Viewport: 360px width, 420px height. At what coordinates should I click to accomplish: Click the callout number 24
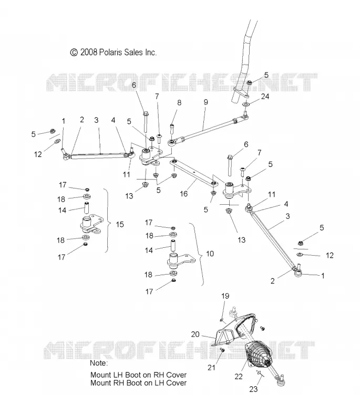click(265, 97)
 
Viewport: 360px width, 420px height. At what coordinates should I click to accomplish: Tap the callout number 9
click(205, 102)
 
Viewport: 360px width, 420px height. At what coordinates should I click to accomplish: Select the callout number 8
click(179, 102)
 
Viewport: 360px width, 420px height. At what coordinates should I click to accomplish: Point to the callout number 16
click(183, 194)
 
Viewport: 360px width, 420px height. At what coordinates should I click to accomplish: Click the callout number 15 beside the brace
click(120, 224)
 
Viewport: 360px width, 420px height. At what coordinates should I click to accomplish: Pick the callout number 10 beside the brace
click(210, 254)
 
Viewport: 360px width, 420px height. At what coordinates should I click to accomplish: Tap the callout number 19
click(225, 296)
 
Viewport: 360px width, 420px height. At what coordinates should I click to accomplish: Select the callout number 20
click(195, 334)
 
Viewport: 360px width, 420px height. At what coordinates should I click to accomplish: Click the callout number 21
click(211, 367)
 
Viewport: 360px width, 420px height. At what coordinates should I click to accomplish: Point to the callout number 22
click(239, 376)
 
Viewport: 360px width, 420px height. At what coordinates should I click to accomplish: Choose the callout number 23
click(253, 389)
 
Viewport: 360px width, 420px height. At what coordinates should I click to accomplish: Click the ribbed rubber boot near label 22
click(259, 355)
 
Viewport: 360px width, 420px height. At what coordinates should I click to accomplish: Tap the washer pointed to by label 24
click(246, 103)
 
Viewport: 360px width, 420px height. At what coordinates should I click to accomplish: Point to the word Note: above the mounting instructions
click(99, 363)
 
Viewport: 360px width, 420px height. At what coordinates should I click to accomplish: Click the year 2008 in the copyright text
click(88, 52)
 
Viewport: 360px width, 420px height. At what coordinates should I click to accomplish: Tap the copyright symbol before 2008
click(74, 52)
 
